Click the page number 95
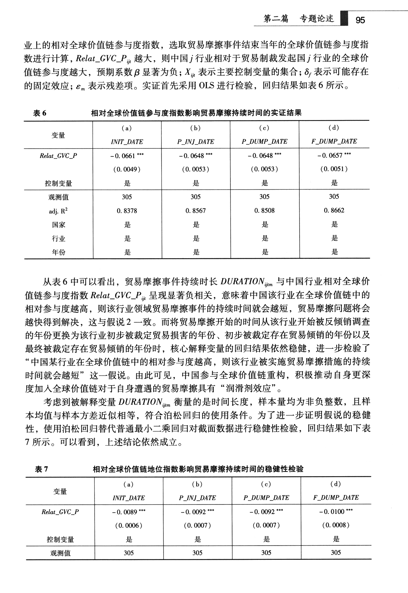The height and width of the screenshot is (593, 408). (x=360, y=20)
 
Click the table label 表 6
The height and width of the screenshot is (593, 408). (x=40, y=113)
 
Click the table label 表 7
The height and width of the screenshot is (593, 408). (x=41, y=469)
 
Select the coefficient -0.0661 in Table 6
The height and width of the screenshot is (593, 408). (x=127, y=156)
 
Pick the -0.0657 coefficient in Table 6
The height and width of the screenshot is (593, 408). (x=334, y=155)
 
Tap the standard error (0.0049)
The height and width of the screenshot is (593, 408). (x=127, y=170)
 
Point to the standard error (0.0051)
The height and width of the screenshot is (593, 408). (x=334, y=169)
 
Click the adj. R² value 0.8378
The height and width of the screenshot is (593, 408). (x=127, y=211)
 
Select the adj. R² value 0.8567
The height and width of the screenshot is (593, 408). (x=196, y=211)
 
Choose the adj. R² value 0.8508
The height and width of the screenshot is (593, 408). (x=264, y=211)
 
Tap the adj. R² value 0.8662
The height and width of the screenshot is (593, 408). (x=334, y=210)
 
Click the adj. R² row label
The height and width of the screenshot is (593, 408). (x=58, y=211)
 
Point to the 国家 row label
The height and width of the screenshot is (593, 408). (x=58, y=225)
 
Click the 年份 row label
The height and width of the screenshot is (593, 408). (x=58, y=252)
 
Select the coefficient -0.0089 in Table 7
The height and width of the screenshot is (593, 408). (x=129, y=512)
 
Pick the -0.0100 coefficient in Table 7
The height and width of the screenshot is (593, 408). (x=336, y=512)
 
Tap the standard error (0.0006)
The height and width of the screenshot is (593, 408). (x=129, y=526)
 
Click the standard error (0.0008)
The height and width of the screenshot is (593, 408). (x=336, y=525)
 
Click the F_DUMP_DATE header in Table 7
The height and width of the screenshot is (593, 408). (x=336, y=498)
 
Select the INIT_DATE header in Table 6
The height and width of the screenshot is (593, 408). (x=127, y=142)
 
